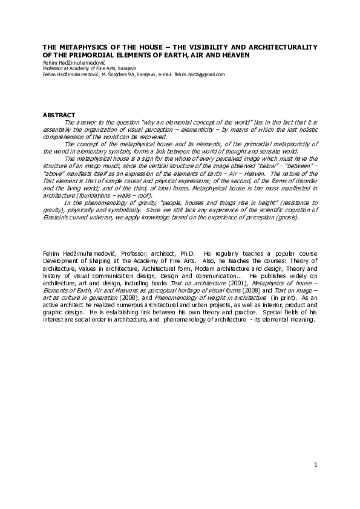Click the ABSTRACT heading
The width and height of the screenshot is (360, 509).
pyautogui.click(x=59, y=115)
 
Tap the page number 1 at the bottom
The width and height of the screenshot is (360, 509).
pyautogui.click(x=316, y=464)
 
